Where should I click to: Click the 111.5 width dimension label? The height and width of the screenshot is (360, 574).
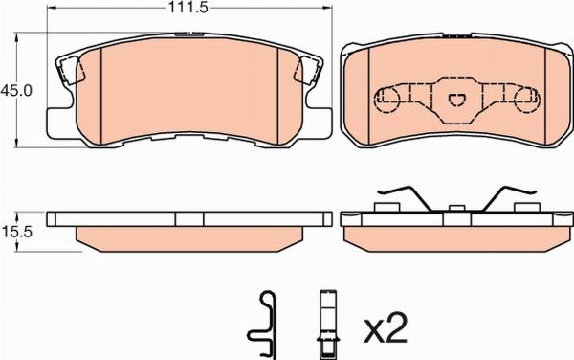(188, 8)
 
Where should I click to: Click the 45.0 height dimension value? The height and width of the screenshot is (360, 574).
(16, 90)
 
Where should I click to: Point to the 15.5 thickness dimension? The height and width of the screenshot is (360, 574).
(17, 232)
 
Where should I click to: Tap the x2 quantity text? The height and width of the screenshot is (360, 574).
(385, 327)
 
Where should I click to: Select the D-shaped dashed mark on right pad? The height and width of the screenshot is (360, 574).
(456, 99)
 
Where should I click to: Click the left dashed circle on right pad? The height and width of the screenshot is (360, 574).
(386, 100)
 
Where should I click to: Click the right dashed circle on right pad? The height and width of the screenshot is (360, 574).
(527, 100)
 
